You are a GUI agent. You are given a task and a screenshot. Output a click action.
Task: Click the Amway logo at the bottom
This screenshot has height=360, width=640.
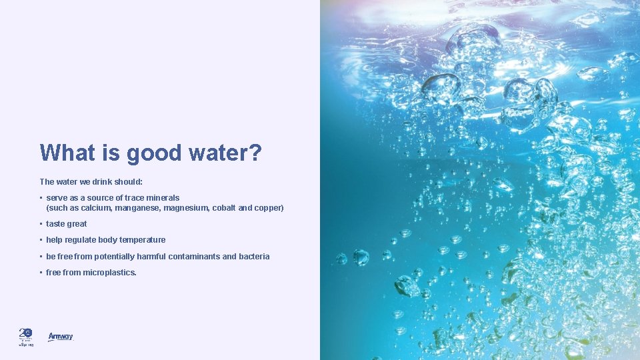tap(60, 337)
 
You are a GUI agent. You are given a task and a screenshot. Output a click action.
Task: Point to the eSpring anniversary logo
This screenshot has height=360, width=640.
tap(26, 337)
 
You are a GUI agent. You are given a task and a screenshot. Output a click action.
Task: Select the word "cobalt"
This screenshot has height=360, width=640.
tap(224, 208)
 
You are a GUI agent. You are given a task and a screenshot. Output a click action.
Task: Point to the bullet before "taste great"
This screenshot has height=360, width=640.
tap(41, 224)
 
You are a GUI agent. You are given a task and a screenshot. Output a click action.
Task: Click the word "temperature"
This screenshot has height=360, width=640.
tap(142, 240)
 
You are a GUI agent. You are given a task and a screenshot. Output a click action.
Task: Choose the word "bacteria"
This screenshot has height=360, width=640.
tap(254, 257)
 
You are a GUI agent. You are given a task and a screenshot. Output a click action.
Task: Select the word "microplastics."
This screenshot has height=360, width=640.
tap(109, 273)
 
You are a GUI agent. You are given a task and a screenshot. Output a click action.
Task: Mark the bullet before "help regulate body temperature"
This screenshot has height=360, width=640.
tap(41, 240)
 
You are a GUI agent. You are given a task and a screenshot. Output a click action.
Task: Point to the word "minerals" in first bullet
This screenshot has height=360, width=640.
tap(163, 198)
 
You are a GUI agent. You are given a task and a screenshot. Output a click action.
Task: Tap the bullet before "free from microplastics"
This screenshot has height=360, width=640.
tap(41, 273)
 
